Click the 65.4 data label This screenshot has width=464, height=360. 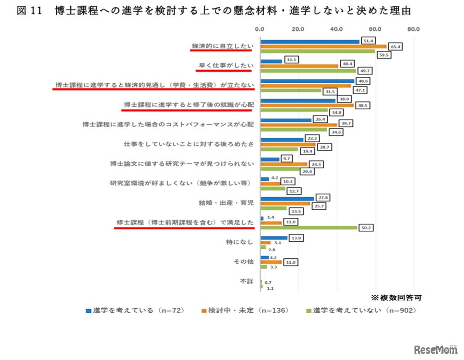396,46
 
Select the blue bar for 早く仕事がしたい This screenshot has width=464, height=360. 271,61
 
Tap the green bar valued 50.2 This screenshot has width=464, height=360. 309,228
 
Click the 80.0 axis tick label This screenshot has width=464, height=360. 413,30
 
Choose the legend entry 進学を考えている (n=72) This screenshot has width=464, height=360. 135,310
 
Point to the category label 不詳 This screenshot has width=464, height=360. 247,281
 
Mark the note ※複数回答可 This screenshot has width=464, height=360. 396,297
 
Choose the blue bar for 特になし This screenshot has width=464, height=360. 274,238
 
